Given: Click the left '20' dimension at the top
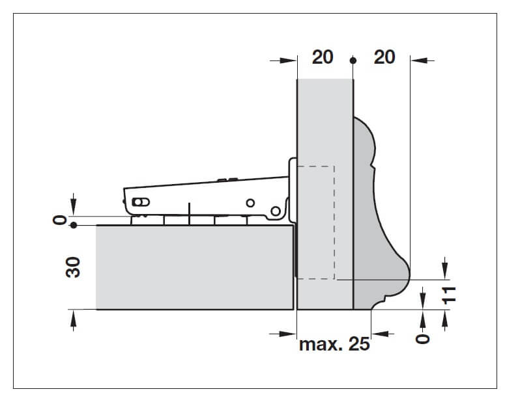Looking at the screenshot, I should [322, 57].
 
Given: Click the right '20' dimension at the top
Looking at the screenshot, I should [384, 57].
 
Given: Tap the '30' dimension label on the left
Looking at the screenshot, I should [74, 267].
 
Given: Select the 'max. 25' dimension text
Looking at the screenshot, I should [334, 344].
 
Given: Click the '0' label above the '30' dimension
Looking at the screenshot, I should [61, 220].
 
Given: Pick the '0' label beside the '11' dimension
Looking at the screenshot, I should [424, 338].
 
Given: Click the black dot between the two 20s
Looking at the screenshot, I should [353, 60].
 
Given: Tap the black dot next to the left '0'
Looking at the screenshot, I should [74, 226].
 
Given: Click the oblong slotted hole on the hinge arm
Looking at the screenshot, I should [138, 202].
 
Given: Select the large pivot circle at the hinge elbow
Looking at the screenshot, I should [276, 210].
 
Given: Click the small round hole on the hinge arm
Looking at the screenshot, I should [250, 203].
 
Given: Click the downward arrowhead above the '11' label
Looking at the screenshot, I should [446, 268].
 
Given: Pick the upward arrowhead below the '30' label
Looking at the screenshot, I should [74, 317].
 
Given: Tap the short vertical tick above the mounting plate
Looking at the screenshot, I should [189, 209].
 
